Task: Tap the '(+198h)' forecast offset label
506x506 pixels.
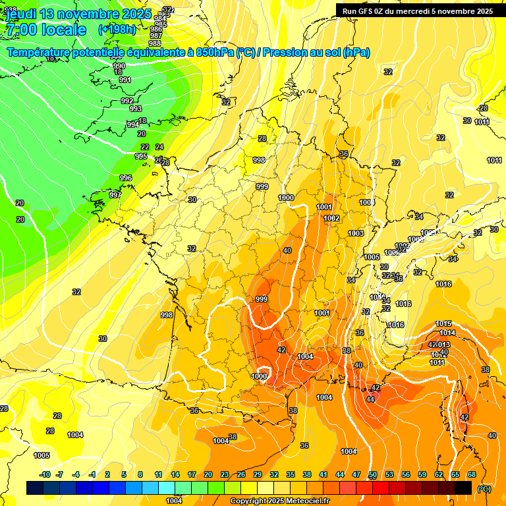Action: (117, 29)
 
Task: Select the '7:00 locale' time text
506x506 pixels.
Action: (46, 30)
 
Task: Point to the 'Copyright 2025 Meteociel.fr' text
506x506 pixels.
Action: (280, 501)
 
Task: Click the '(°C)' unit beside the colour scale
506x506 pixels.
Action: (484, 489)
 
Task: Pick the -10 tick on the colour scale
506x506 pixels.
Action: (45, 474)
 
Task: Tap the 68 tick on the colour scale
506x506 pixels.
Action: (472, 474)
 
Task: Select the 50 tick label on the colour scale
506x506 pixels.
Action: (373, 474)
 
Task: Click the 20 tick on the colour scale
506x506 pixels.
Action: (208, 474)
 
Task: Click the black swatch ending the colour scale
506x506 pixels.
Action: (463, 488)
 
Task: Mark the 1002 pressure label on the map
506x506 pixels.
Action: (331, 218)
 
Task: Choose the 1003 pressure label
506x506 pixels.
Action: (356, 233)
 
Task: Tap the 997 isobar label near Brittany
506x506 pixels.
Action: (115, 195)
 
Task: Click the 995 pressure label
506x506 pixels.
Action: (141, 156)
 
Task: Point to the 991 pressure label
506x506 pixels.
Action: (125, 80)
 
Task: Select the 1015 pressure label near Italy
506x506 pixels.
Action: (443, 323)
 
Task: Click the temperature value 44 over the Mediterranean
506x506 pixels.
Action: (370, 399)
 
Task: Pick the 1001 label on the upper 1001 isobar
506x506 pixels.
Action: (323, 207)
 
